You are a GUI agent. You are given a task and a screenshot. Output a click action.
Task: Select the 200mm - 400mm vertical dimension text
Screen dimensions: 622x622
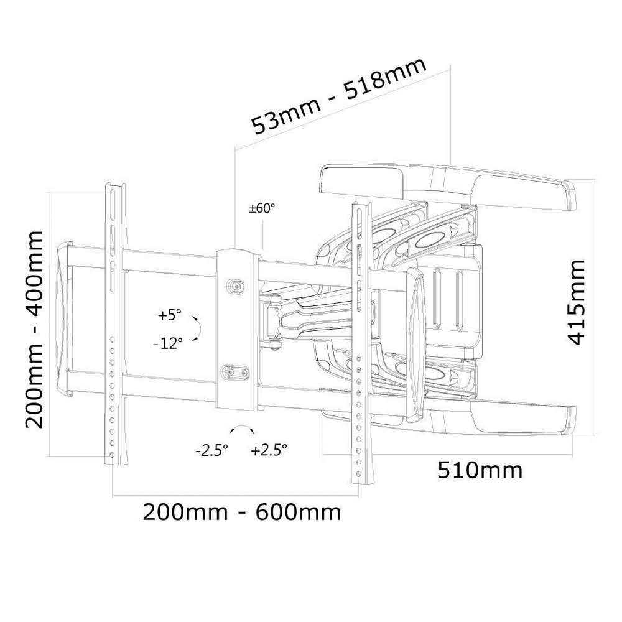click(x=34, y=329)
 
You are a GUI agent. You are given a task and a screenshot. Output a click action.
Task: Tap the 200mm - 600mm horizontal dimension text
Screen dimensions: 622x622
click(x=241, y=512)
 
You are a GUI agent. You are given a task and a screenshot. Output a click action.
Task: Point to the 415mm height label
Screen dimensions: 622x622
click(x=576, y=302)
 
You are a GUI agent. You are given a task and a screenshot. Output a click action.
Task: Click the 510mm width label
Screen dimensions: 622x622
click(x=480, y=470)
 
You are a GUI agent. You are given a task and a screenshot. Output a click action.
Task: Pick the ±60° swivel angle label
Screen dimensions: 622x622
click(x=261, y=208)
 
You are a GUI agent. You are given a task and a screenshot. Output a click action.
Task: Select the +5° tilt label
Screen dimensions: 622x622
click(x=169, y=315)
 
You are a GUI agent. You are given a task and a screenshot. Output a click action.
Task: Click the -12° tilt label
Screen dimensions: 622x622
click(x=168, y=343)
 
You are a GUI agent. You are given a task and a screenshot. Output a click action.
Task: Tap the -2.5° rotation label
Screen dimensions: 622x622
click(x=211, y=450)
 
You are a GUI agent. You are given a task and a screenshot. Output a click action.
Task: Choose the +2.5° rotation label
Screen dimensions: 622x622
click(x=269, y=450)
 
